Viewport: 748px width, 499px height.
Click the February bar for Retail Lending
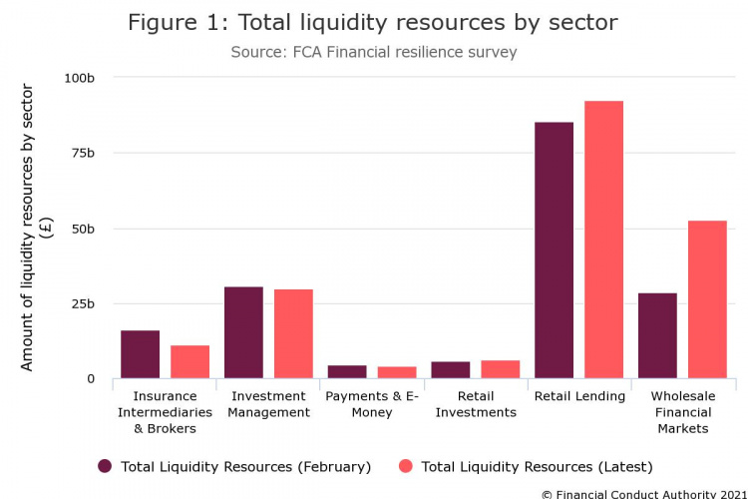(554, 250)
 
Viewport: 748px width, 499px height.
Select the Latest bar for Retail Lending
(603, 240)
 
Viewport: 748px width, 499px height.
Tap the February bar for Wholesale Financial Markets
(657, 335)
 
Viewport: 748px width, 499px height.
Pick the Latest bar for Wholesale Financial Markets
(707, 299)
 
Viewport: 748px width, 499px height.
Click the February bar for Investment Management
(243, 332)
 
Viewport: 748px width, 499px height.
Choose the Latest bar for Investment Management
(293, 334)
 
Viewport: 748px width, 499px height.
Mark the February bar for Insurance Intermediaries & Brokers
(140, 354)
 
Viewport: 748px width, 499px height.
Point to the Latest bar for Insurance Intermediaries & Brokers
(189, 361)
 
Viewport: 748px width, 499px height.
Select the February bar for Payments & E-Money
(347, 371)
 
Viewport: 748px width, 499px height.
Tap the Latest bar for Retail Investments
(500, 369)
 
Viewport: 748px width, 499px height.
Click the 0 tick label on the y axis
(90, 379)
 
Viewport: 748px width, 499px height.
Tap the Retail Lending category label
(579, 396)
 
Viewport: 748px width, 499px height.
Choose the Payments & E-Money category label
(371, 404)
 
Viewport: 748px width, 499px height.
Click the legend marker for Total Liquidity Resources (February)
(105, 466)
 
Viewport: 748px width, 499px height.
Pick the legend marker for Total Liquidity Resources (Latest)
(406, 466)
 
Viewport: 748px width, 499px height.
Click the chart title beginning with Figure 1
(374, 22)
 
